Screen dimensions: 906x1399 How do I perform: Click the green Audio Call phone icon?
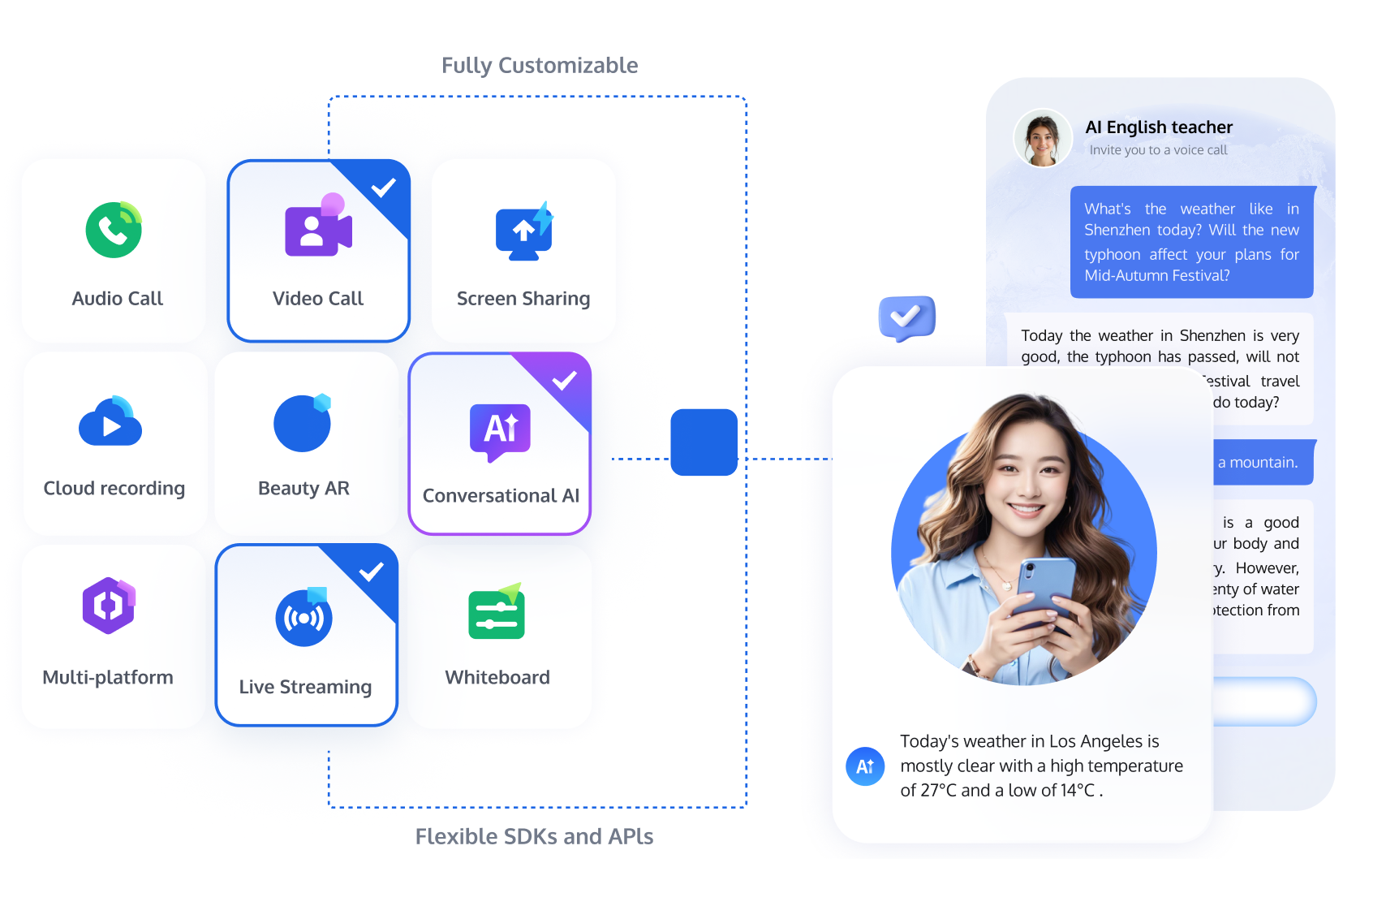click(114, 230)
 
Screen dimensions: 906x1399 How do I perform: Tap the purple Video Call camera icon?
click(317, 230)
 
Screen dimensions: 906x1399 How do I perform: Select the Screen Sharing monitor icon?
click(523, 232)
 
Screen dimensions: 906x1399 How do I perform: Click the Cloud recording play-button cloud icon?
click(110, 423)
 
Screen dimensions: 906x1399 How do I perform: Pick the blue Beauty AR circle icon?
click(302, 423)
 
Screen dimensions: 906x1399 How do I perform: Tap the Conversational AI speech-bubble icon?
click(500, 431)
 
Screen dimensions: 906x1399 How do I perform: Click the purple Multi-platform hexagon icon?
click(109, 606)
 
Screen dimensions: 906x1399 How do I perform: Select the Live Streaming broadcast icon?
click(304, 618)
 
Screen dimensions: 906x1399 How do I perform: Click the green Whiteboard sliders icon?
click(497, 614)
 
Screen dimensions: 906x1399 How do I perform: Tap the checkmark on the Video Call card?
click(383, 188)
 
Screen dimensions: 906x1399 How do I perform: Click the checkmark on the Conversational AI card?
click(564, 380)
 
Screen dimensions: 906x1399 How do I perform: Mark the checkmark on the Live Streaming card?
click(371, 572)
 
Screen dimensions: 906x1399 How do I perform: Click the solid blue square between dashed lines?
click(704, 442)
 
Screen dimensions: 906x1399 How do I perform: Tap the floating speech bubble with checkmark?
click(906, 317)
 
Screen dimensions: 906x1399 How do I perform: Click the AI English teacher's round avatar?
click(1043, 138)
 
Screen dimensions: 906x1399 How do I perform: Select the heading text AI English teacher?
click(1159, 127)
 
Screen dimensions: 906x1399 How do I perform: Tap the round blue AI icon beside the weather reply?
click(865, 766)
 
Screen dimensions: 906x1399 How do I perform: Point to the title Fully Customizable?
click(540, 65)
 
